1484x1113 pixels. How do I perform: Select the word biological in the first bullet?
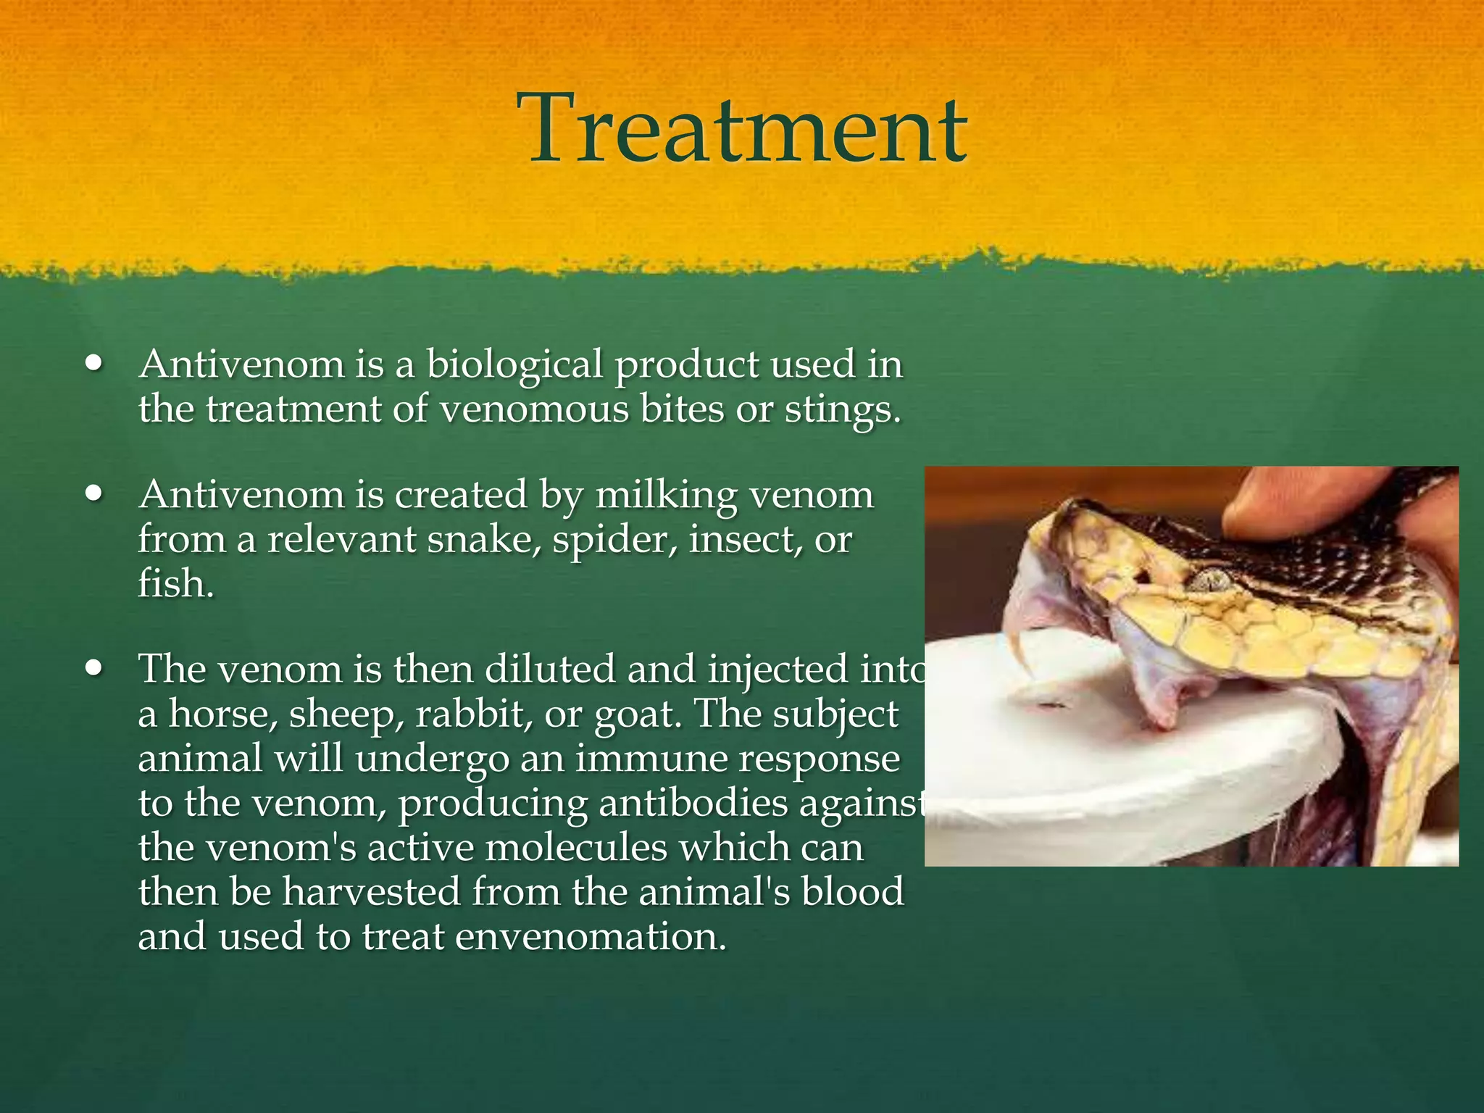tap(514, 364)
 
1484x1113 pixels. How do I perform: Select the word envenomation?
tap(590, 937)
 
